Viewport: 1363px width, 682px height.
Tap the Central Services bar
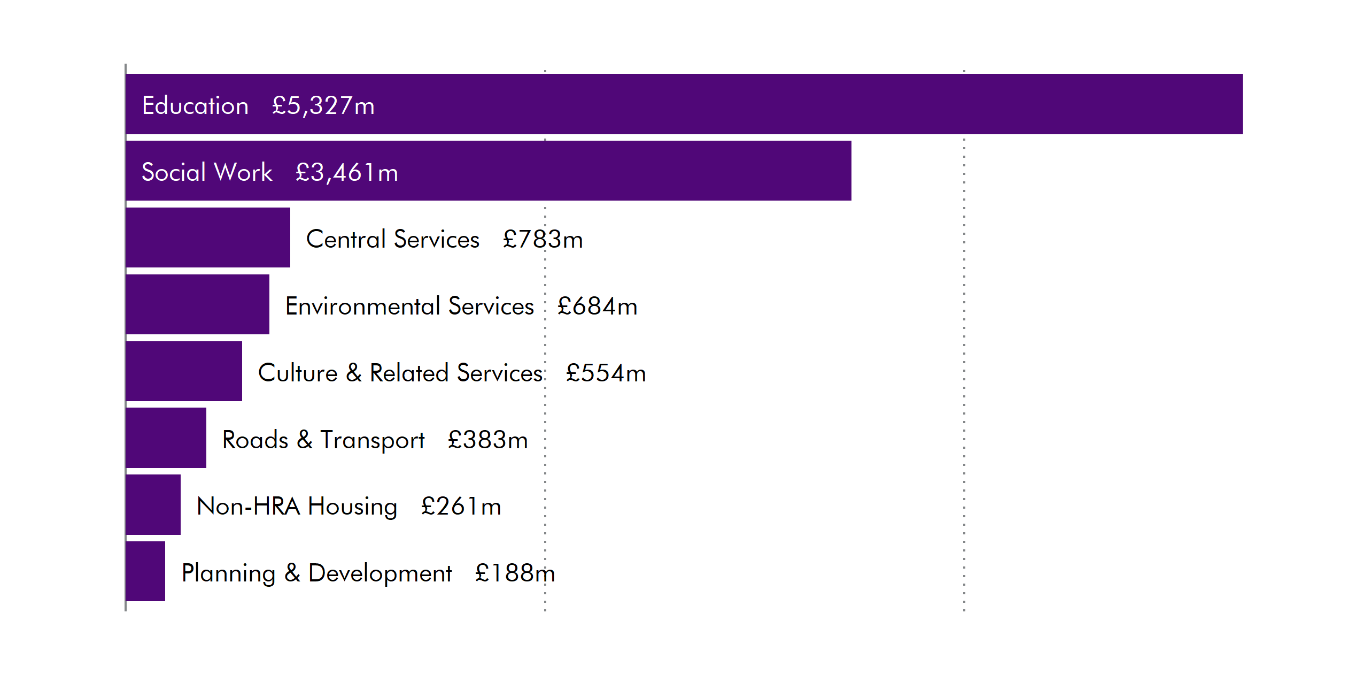pyautogui.click(x=208, y=237)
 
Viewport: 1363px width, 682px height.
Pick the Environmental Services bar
pyautogui.click(x=197, y=304)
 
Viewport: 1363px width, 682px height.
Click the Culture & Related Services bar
pyautogui.click(x=184, y=371)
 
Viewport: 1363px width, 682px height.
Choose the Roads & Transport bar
pyautogui.click(x=166, y=438)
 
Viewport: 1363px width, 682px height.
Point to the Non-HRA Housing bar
pyautogui.click(x=153, y=504)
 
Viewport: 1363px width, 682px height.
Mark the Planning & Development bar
pyautogui.click(x=145, y=571)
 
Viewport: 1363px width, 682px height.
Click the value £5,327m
pyautogui.click(x=323, y=105)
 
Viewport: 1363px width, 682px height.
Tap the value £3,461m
pyautogui.click(x=347, y=172)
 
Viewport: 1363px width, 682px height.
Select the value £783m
pyautogui.click(x=543, y=239)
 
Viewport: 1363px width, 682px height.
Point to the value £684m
pyautogui.click(x=597, y=306)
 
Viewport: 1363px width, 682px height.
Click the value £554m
pyautogui.click(x=606, y=373)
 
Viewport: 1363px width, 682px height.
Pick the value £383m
pyautogui.click(x=487, y=440)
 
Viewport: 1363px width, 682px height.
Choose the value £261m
pyautogui.click(x=461, y=506)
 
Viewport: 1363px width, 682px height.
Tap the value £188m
pyautogui.click(x=515, y=573)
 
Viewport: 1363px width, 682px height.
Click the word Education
pyautogui.click(x=195, y=105)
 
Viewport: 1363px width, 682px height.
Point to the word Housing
pyautogui.click(x=352, y=507)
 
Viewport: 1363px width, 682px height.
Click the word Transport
pyautogui.click(x=372, y=440)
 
